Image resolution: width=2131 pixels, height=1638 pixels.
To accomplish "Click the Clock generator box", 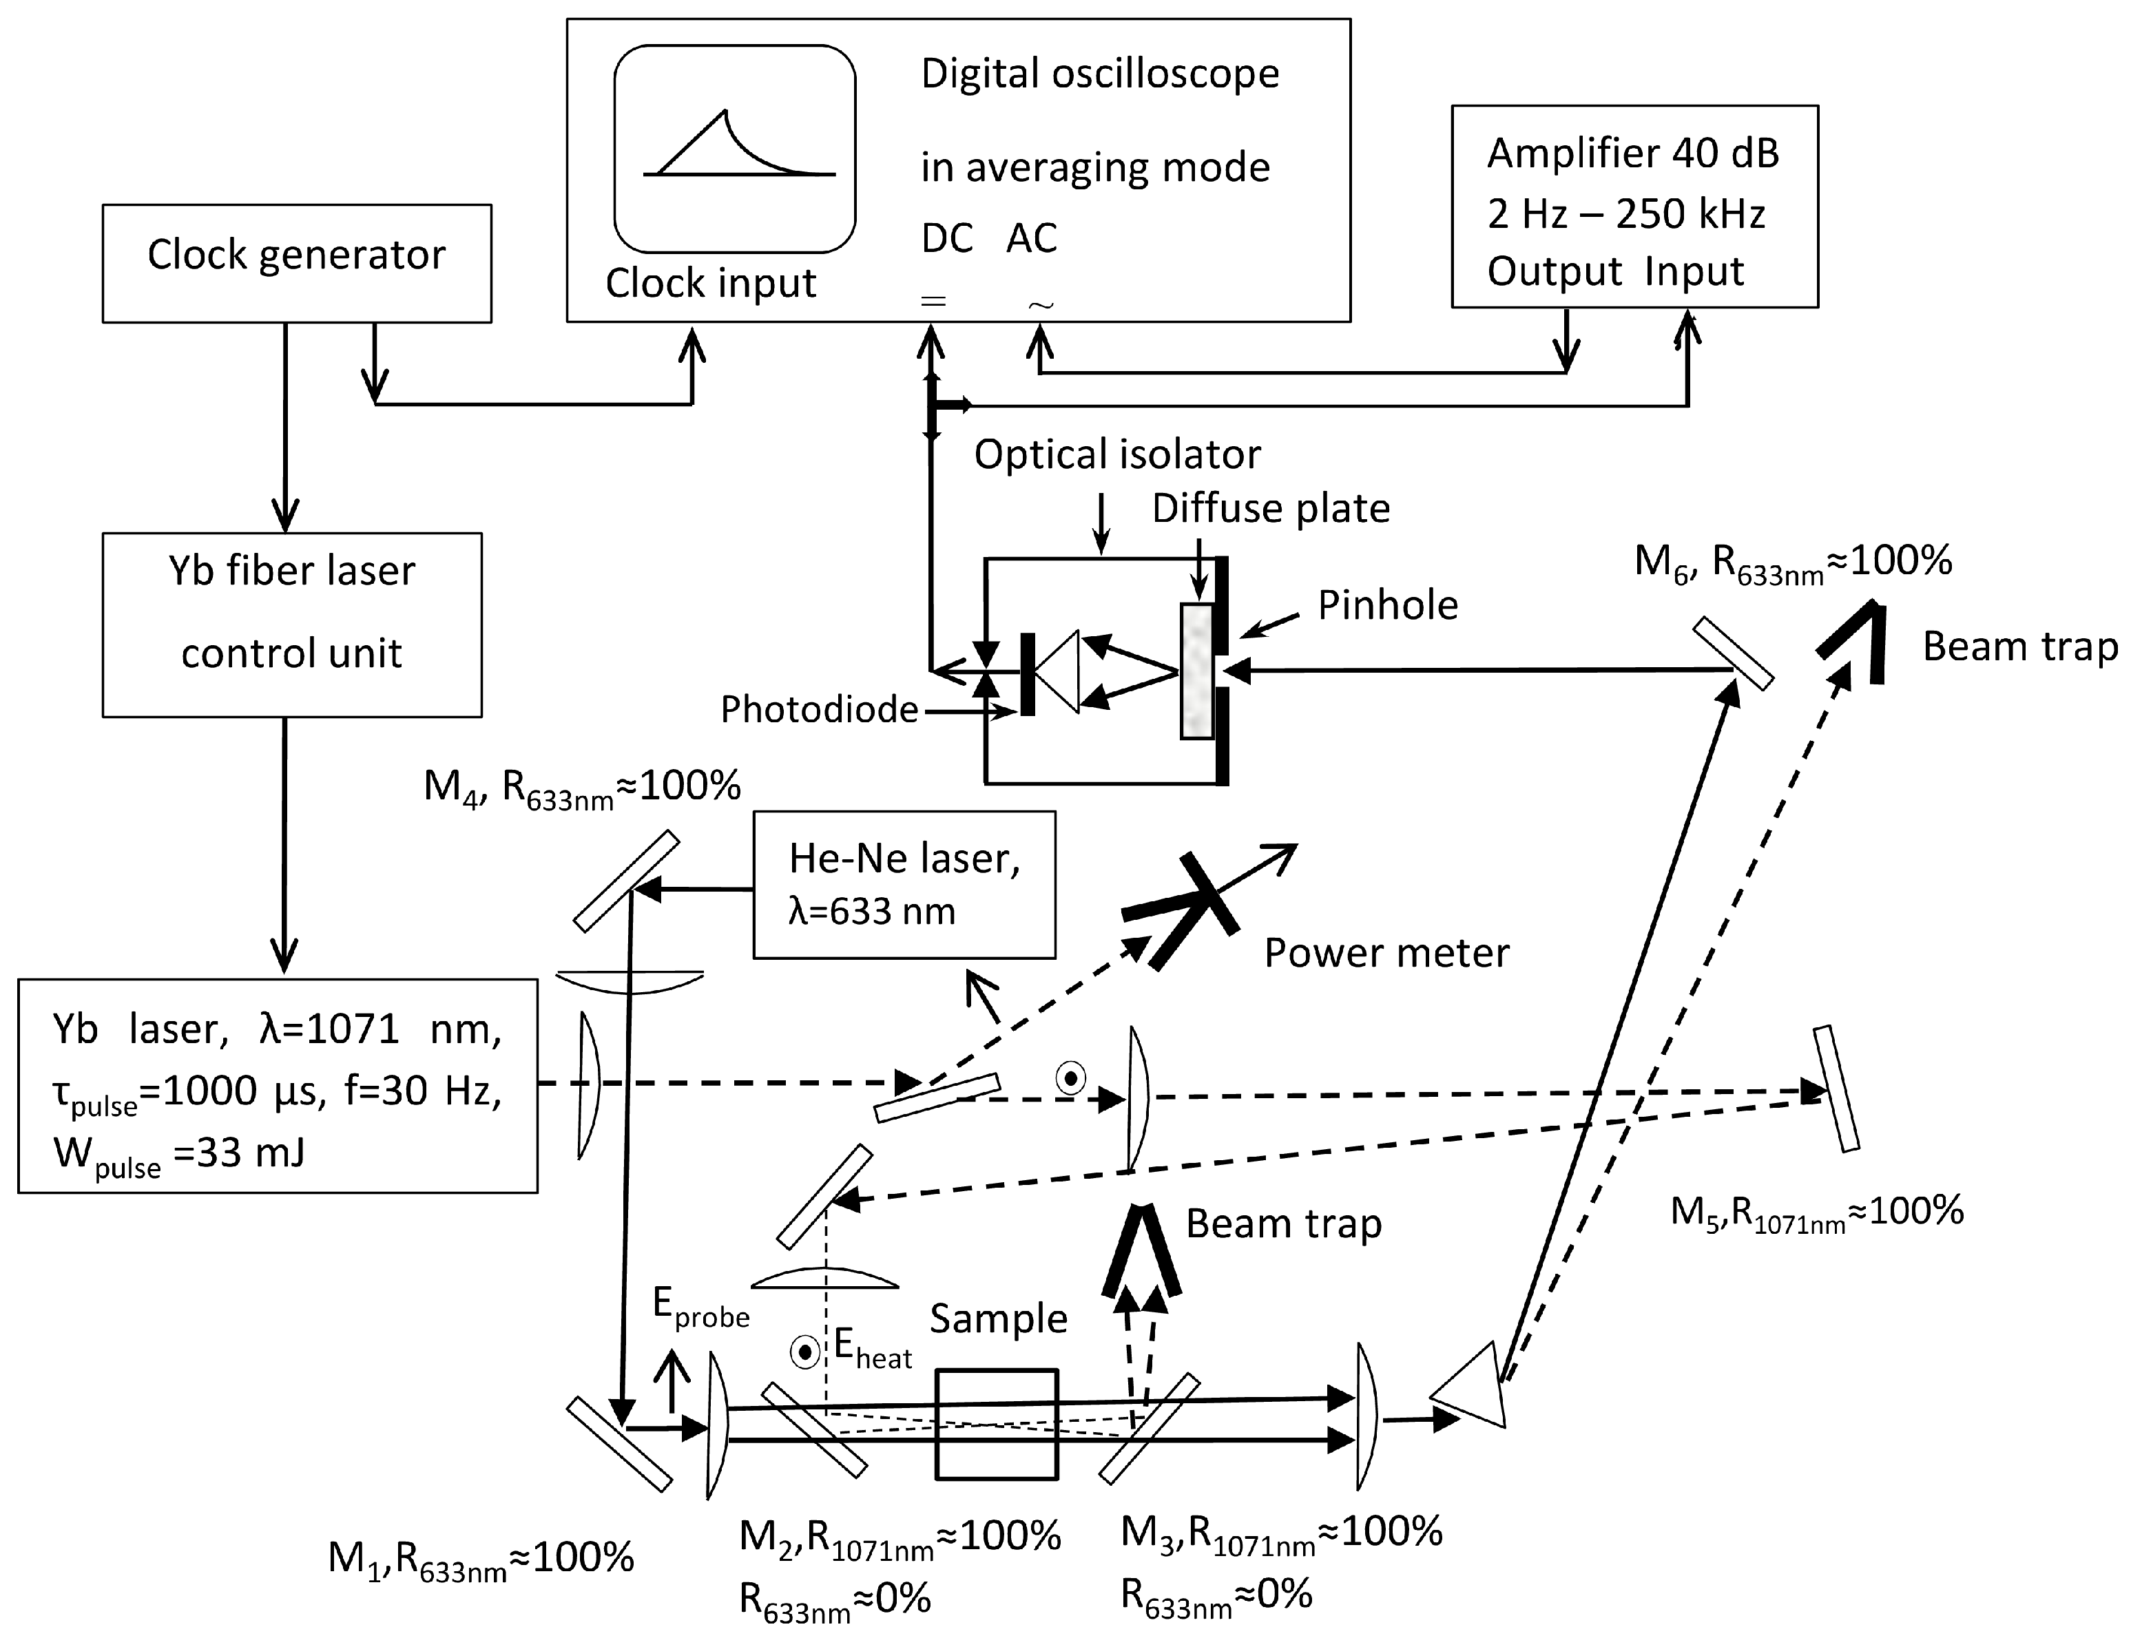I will pos(296,263).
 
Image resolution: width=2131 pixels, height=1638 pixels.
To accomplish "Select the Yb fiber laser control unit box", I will pos(291,624).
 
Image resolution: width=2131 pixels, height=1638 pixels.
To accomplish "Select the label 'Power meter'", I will pos(1386,953).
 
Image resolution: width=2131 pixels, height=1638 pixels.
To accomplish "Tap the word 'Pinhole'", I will pos(1387,605).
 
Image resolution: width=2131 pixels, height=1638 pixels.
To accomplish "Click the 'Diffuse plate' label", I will pos(1270,509).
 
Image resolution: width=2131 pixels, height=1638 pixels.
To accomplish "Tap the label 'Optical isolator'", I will pos(1116,455).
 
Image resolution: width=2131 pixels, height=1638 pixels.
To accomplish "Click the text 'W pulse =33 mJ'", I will pos(178,1155).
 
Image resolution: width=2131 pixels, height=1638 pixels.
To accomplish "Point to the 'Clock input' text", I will pos(710,284).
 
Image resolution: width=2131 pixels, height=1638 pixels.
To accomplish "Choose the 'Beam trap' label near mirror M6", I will pos(2020,647).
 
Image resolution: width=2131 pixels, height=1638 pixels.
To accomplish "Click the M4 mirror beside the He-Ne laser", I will pos(626,881).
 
